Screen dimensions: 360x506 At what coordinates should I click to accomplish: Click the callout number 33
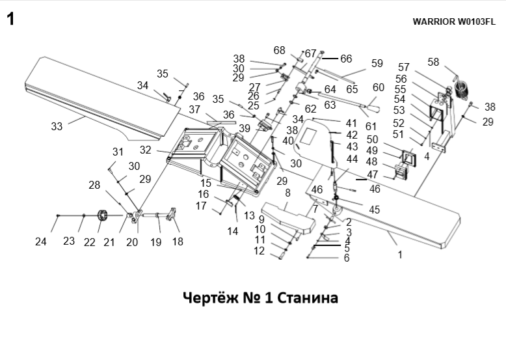coord(57,126)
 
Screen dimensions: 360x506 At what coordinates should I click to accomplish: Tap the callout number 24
coord(41,242)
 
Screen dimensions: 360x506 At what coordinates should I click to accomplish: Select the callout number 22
coord(89,242)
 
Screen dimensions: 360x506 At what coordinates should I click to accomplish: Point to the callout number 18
coord(177,242)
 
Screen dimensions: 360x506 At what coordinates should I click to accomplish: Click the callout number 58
coord(433,62)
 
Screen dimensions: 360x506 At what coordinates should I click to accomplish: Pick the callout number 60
coord(379,87)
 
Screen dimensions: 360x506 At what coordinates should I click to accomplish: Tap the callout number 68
coord(280,50)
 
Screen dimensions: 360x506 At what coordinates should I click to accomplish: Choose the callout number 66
coord(345,59)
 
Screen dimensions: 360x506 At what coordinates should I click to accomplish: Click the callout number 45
coord(374,210)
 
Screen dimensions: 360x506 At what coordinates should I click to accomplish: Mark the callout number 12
coord(259,251)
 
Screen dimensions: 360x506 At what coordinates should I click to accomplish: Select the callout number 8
coord(287,193)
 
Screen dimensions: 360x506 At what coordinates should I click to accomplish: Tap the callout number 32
coord(145,150)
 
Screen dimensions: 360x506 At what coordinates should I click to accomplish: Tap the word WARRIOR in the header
coord(434,21)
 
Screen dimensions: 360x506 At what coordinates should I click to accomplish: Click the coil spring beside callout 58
coord(462,89)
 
